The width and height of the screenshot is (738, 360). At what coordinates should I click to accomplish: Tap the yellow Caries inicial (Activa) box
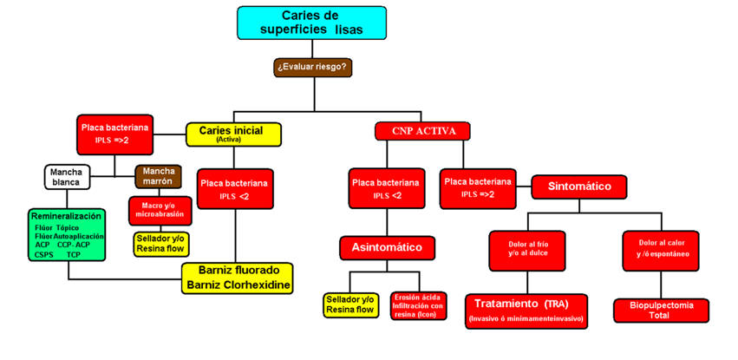pos(234,134)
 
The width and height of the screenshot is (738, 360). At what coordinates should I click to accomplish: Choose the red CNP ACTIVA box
pos(423,131)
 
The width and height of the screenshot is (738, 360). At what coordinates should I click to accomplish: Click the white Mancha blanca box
pos(68,177)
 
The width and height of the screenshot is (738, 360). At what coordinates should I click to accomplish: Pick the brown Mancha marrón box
pos(159,176)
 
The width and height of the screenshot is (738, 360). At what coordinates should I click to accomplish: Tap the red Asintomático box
pos(386,247)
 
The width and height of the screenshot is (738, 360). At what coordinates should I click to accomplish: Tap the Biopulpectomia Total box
pos(662,311)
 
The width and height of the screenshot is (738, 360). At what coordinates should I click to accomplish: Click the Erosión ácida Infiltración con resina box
pos(418,304)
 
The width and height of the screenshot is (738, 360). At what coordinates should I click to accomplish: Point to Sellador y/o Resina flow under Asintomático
pos(351,304)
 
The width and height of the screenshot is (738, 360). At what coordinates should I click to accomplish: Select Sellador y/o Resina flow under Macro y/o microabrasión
pos(160,244)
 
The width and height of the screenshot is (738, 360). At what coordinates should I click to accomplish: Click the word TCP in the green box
pos(74,256)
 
